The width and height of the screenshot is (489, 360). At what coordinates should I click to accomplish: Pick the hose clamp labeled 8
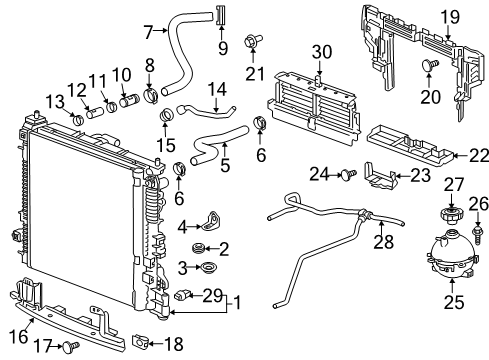click(151, 97)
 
